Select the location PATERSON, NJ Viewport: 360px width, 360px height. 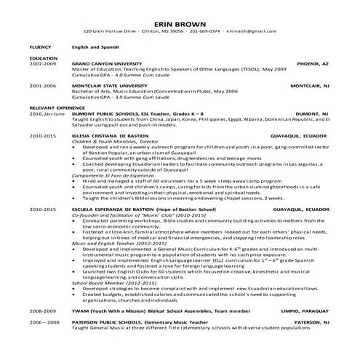312,322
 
